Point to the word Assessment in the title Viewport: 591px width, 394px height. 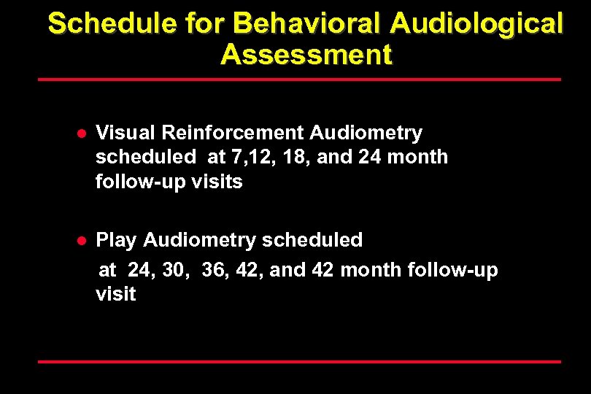point(306,54)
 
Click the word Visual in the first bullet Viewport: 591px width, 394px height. point(125,133)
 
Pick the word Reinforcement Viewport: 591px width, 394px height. point(232,133)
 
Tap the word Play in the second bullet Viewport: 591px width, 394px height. point(117,240)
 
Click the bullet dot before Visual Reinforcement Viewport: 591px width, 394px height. point(83,134)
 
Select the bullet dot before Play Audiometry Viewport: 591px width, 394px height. point(83,240)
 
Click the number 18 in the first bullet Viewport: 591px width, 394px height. point(293,157)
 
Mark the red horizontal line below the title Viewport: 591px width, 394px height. point(298,79)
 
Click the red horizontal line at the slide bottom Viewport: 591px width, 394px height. point(298,361)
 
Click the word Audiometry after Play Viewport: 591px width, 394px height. point(200,240)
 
